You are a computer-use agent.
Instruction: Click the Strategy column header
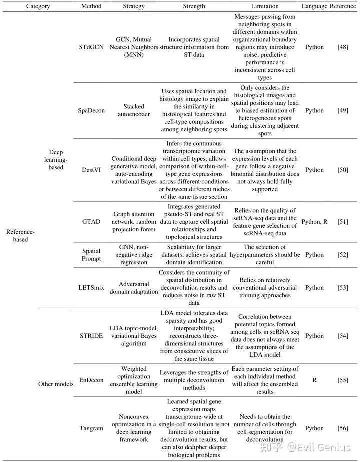click(x=134, y=6)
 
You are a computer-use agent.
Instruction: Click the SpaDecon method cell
click(x=92, y=110)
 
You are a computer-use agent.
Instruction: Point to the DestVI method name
click(x=91, y=170)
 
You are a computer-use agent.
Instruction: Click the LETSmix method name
click(x=91, y=288)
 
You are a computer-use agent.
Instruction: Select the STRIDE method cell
click(x=91, y=336)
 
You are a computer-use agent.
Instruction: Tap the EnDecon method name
click(x=91, y=380)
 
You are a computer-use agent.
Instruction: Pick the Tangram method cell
click(x=91, y=428)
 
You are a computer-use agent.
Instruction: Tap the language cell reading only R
click(x=314, y=380)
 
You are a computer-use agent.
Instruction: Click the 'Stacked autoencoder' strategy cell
click(x=134, y=110)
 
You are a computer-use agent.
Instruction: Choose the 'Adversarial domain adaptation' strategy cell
click(x=134, y=288)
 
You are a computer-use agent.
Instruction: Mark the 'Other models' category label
click(x=55, y=384)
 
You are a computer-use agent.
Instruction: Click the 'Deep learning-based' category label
click(x=56, y=160)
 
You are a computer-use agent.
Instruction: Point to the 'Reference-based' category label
click(x=20, y=235)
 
